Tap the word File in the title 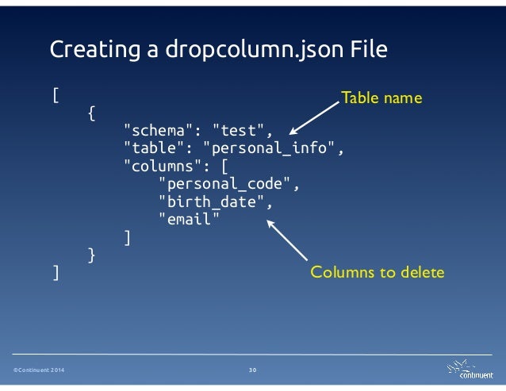[x=368, y=51]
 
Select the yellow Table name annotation [x=381, y=98]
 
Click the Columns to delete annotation [x=378, y=273]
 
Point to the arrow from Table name [x=314, y=117]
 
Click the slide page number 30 [x=253, y=371]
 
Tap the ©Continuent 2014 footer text [x=38, y=371]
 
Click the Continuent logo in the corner [x=468, y=369]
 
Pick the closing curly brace [x=91, y=255]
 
